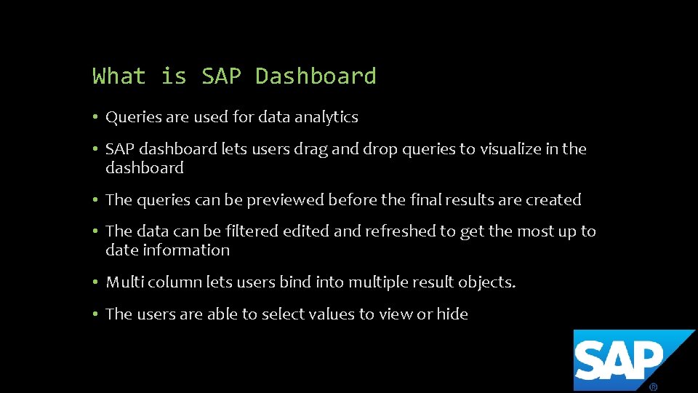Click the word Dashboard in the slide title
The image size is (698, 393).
click(316, 76)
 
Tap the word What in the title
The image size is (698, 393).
click(119, 76)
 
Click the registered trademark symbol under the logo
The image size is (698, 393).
click(653, 386)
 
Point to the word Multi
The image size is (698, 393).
click(122, 282)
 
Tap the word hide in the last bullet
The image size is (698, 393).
click(452, 314)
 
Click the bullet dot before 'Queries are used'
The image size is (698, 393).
click(96, 117)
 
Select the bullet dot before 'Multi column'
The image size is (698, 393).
click(96, 282)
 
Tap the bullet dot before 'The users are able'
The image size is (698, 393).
click(96, 314)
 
